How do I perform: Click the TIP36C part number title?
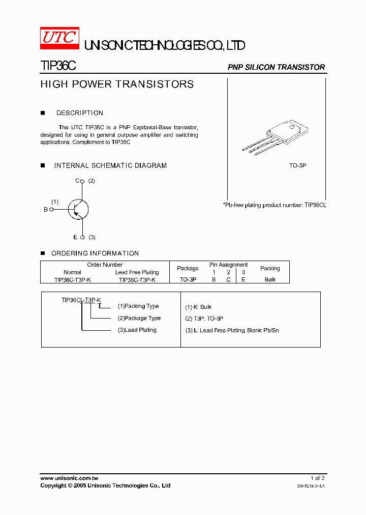pos(58,66)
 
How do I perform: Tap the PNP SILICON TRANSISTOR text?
pos(276,67)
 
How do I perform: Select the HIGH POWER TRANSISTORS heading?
pos(117,84)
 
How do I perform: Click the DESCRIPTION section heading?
pos(80,113)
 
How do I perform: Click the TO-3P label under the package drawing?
pos(298,166)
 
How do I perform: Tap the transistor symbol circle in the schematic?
pos(78,209)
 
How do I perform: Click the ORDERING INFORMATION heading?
pos(95,253)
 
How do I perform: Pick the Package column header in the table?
pos(188,268)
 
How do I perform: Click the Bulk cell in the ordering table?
pos(270,280)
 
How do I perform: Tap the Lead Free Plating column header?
pos(137,272)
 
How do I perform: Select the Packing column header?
pos(270,268)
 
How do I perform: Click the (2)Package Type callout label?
pos(139,318)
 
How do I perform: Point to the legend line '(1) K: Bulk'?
pos(198,307)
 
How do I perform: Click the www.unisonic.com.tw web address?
pos(69,478)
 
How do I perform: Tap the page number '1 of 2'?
pos(318,478)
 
